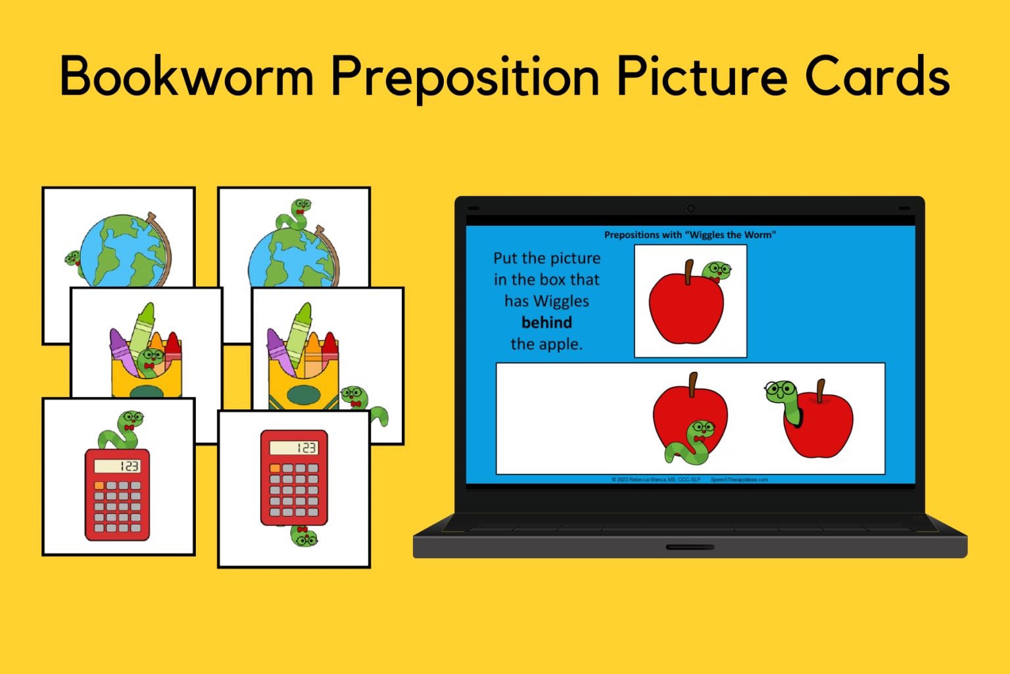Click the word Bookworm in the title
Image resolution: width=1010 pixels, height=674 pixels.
187,77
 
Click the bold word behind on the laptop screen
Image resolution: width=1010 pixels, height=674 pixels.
546,323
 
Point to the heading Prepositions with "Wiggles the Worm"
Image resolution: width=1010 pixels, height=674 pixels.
690,235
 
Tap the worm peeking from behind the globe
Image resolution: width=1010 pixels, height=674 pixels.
72,258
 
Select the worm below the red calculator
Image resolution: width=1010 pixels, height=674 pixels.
304,536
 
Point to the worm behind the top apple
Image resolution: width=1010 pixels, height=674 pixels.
717,271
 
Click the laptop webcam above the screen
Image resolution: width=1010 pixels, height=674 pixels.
690,209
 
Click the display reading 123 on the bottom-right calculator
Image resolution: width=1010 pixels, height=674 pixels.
294,448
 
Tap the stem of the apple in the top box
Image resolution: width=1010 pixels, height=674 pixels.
688,271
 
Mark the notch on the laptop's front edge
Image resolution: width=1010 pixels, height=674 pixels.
690,547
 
